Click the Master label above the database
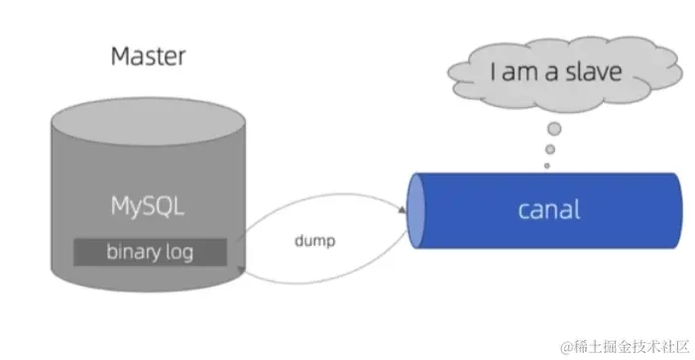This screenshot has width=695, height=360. tap(148, 56)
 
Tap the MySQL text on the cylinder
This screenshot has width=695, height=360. tap(148, 209)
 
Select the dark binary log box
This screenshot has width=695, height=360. tap(149, 252)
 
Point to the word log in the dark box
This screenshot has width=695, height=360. tap(178, 252)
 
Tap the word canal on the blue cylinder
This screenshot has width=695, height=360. tap(548, 210)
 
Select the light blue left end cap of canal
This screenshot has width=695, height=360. tap(417, 210)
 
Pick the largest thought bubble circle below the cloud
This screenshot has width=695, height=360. tap(554, 128)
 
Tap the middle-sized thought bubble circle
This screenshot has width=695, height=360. tap(548, 150)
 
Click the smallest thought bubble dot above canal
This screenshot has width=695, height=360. tap(546, 166)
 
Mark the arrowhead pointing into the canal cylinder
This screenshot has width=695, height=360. tap(402, 210)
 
